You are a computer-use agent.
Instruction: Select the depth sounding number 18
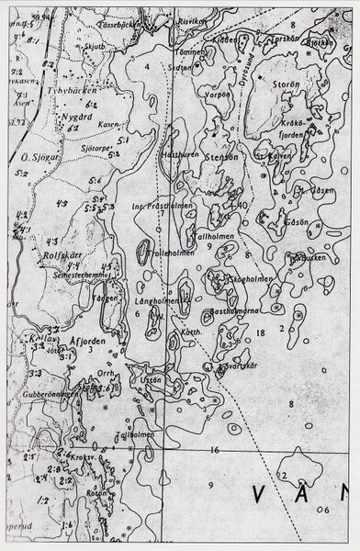click(x=261, y=332)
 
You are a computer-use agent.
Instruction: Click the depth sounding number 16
click(x=213, y=450)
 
